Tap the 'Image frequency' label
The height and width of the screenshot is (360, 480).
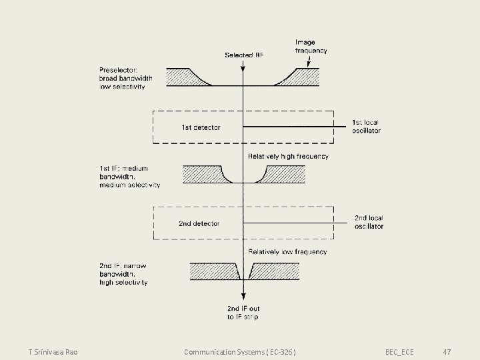point(311,47)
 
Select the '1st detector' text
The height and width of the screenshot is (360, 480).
point(201,127)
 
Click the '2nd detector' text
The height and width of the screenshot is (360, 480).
point(199,223)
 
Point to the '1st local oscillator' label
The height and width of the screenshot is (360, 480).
point(366,127)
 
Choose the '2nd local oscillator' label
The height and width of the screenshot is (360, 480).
point(369,222)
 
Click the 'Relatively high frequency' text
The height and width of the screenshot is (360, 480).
point(288,157)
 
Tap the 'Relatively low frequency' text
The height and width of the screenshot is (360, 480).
point(287,252)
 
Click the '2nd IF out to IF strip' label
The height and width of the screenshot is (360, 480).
point(243,313)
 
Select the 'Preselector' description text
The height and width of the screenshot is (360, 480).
point(125,79)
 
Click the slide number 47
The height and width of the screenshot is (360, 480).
point(447,351)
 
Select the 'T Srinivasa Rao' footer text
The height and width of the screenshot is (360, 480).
point(53,351)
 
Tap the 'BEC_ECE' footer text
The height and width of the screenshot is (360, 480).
point(399,351)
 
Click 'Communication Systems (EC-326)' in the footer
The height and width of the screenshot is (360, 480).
point(240,351)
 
